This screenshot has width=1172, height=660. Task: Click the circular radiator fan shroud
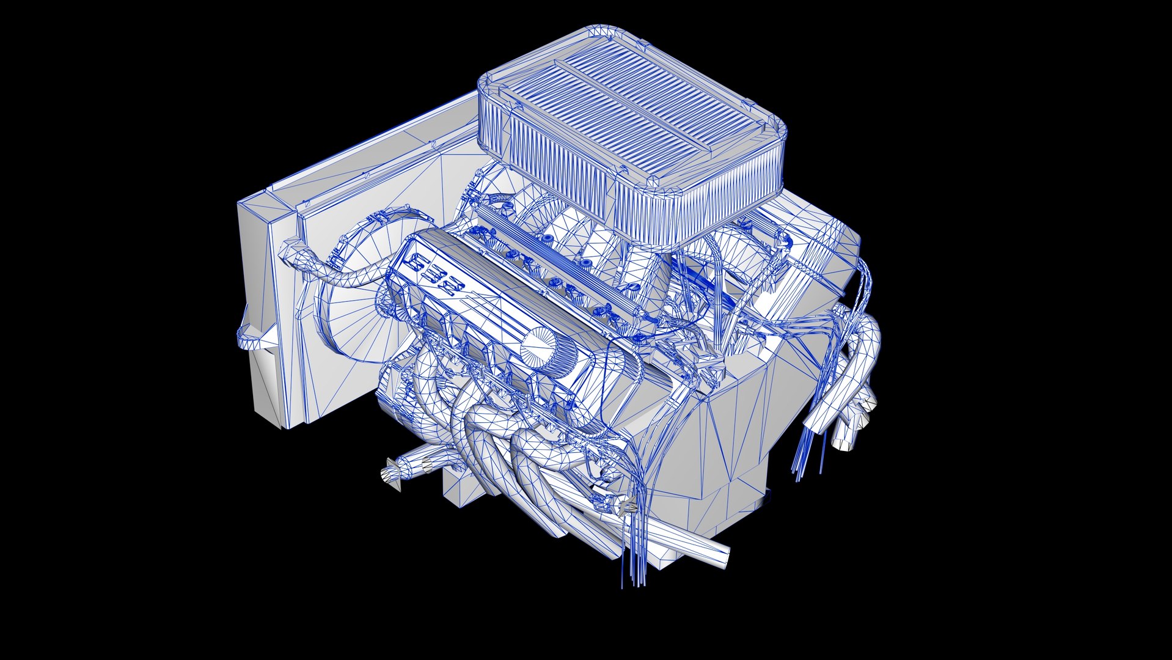[x=354, y=318]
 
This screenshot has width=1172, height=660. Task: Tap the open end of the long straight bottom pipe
[x=721, y=557]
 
